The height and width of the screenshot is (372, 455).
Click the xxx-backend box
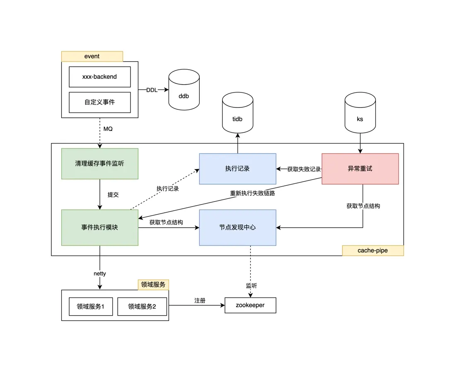(x=99, y=77)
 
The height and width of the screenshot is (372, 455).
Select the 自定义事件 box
(x=99, y=102)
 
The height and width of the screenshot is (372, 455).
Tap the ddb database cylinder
(x=184, y=92)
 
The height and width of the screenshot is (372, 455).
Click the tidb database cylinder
(x=237, y=115)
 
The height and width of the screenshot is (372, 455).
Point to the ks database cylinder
(x=360, y=115)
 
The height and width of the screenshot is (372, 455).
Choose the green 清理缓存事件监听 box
(x=99, y=164)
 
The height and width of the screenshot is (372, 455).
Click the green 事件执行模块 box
(x=99, y=227)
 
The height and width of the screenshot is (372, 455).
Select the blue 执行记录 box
(x=237, y=169)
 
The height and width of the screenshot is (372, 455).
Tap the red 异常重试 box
(x=360, y=169)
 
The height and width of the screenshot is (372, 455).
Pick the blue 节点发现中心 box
(x=237, y=227)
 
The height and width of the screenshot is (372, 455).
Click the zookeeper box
(x=250, y=305)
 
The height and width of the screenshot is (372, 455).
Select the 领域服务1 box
(x=91, y=306)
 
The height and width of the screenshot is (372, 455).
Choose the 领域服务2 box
(x=142, y=306)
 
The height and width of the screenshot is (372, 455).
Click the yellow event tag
(x=92, y=56)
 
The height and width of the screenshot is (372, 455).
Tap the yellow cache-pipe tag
(x=373, y=250)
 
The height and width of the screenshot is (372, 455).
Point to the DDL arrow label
(x=152, y=90)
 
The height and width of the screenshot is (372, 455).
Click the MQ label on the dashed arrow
(x=108, y=129)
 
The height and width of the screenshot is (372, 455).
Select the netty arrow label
(x=100, y=274)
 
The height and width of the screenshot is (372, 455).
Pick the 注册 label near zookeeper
(x=200, y=300)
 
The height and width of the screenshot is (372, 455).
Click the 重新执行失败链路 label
(x=252, y=193)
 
